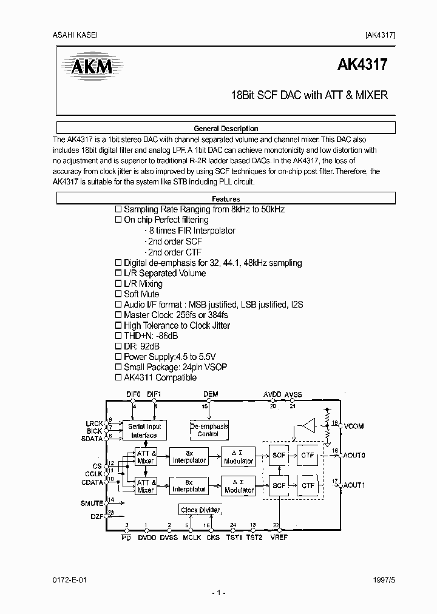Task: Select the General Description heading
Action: point(226,129)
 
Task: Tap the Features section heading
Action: point(226,199)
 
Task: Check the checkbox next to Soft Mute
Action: point(119,294)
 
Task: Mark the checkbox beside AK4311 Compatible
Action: point(119,377)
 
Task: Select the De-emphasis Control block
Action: point(208,431)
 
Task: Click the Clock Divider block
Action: point(200,510)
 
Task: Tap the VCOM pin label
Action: point(353,427)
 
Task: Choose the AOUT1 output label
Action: point(354,485)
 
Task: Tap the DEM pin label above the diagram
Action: point(211,394)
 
